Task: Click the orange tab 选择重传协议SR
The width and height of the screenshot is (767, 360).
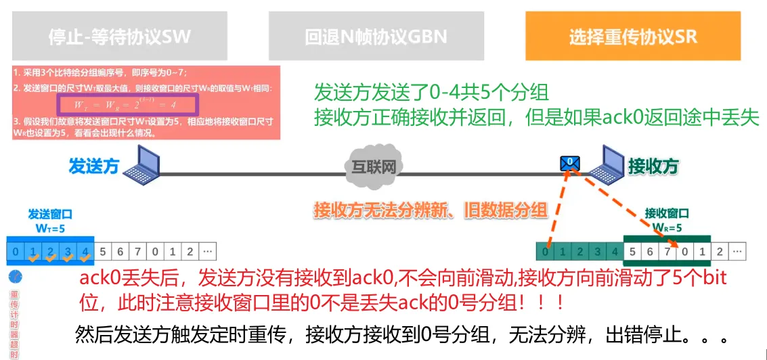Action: coord(632,37)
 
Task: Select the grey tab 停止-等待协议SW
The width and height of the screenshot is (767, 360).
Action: coord(119,37)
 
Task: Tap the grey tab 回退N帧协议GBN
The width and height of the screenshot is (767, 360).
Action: coord(376,37)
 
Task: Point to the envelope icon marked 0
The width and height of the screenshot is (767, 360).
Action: coord(570,163)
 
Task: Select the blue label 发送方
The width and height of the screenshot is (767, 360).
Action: coord(94,166)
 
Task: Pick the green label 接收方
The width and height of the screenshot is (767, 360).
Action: coord(653,166)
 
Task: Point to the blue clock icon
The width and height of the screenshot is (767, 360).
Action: coord(15,277)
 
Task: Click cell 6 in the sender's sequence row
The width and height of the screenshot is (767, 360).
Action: coord(120,252)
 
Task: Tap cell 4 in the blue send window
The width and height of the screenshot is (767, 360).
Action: coord(85,252)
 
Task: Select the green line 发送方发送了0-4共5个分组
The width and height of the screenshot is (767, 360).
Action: coord(431,91)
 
